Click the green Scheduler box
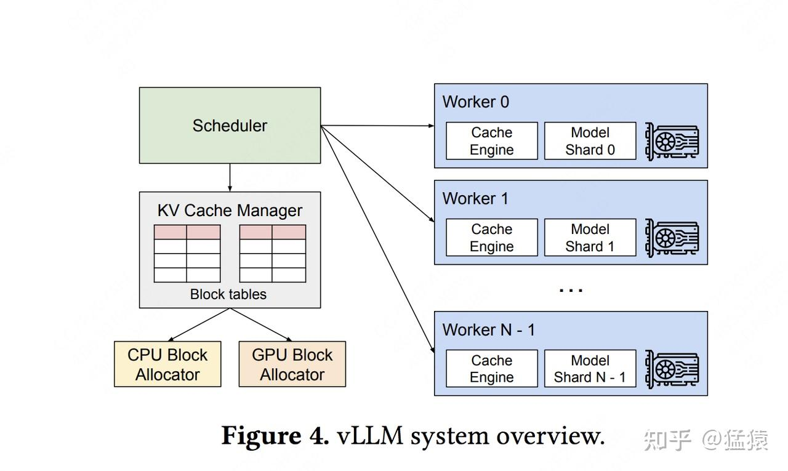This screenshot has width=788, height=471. tap(230, 125)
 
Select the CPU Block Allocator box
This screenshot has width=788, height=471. tap(167, 364)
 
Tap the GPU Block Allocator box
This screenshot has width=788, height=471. tap(292, 364)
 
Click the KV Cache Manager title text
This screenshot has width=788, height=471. tap(230, 211)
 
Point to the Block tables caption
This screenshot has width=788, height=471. tap(228, 294)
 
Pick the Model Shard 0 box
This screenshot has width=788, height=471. tap(590, 141)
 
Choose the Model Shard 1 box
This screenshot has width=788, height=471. tap(590, 238)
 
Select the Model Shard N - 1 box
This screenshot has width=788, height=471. tap(590, 369)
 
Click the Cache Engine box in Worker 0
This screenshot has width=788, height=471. tap(491, 141)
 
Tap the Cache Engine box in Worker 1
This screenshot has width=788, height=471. tap(491, 238)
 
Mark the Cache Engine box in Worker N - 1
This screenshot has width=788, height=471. tap(491, 369)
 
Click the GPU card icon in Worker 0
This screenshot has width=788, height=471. tap(672, 141)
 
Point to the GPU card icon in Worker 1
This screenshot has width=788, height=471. tap(672, 238)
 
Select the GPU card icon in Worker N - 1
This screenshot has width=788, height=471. tap(672, 369)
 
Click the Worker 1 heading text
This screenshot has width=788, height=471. tap(475, 199)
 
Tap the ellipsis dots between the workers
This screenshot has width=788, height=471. tap(571, 289)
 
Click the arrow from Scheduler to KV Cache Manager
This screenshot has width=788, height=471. tap(230, 177)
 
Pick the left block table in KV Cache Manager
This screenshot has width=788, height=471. tap(187, 253)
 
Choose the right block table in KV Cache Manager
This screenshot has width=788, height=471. tap(273, 253)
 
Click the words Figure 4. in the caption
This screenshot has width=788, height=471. tap(275, 437)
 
